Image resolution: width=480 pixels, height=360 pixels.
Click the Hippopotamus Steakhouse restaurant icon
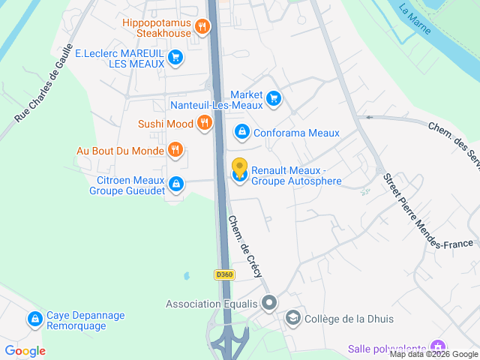pos(202,28)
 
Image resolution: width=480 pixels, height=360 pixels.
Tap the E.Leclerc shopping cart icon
pos(175,57)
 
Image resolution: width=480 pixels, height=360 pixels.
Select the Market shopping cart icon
pos(274,97)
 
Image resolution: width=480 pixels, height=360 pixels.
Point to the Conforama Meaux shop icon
pos(242,133)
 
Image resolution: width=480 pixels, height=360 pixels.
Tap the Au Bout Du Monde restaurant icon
pos(175,150)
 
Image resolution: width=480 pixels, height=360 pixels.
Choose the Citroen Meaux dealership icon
pos(175,183)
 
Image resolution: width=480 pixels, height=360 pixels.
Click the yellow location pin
pos(239,167)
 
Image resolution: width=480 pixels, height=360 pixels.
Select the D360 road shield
pos(224,275)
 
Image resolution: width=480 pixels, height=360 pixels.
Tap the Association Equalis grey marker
pos(269,304)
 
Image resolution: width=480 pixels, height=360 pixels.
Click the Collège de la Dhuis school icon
pos(292,319)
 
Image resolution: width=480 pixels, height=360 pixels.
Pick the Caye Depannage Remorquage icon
pos(34,319)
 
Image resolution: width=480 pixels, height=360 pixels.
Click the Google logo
pos(25,350)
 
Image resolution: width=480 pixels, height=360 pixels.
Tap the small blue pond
pos(186,276)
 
